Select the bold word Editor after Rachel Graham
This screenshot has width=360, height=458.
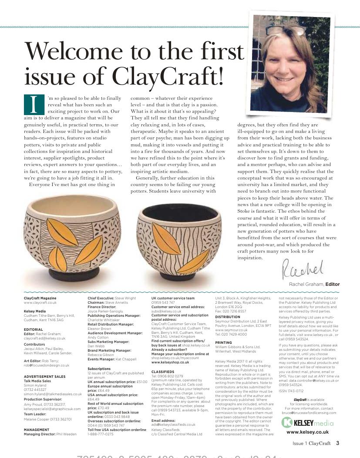[333, 284]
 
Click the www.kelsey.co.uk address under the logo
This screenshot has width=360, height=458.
[308, 432]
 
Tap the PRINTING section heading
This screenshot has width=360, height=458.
[224, 343]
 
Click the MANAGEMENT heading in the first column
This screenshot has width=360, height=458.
[36, 430]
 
